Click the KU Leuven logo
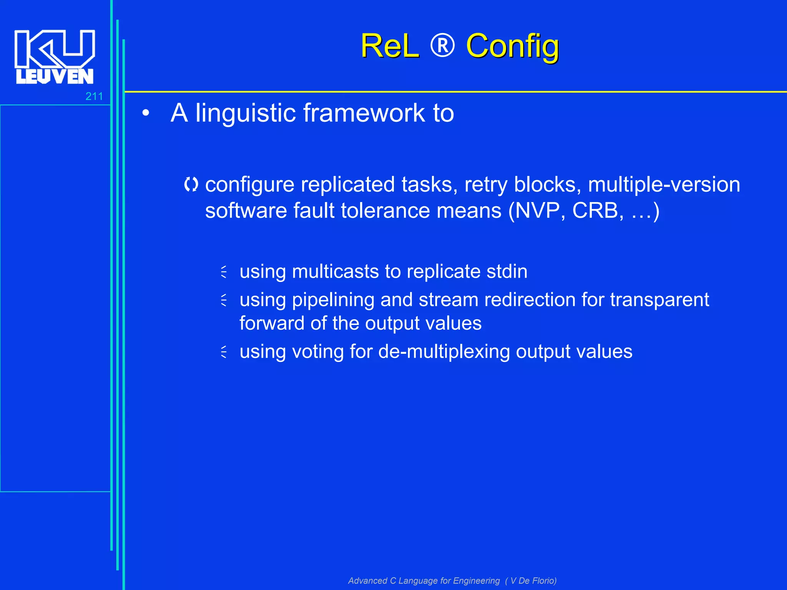[54, 57]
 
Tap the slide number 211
[94, 96]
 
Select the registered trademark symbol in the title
[442, 46]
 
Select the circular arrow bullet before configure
[191, 185]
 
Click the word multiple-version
[664, 184]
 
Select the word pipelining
[333, 300]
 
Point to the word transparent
[659, 300]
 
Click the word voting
[317, 351]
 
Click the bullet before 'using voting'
[224, 351]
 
